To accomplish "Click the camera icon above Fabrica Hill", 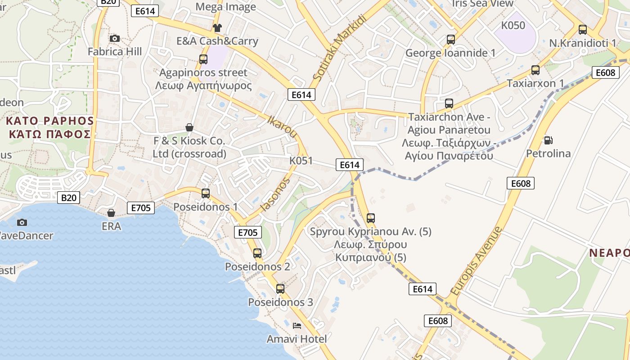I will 115,39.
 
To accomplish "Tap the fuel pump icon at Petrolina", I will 548,140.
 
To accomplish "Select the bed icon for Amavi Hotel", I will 297,325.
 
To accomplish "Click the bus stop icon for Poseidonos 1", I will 206,193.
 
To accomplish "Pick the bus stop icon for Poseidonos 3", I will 280,289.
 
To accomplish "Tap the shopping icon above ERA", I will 111,213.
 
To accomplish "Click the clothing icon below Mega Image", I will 217,28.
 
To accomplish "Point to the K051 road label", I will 301,161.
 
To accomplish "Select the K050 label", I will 513,25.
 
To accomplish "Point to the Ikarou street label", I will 283,127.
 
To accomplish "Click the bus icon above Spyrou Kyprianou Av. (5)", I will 371,218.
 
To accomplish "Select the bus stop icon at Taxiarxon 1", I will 535,70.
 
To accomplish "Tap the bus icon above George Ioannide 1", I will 451,40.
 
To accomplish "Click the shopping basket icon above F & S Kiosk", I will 189,128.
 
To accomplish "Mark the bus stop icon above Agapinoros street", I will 203,59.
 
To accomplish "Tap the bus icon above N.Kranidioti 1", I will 583,30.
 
